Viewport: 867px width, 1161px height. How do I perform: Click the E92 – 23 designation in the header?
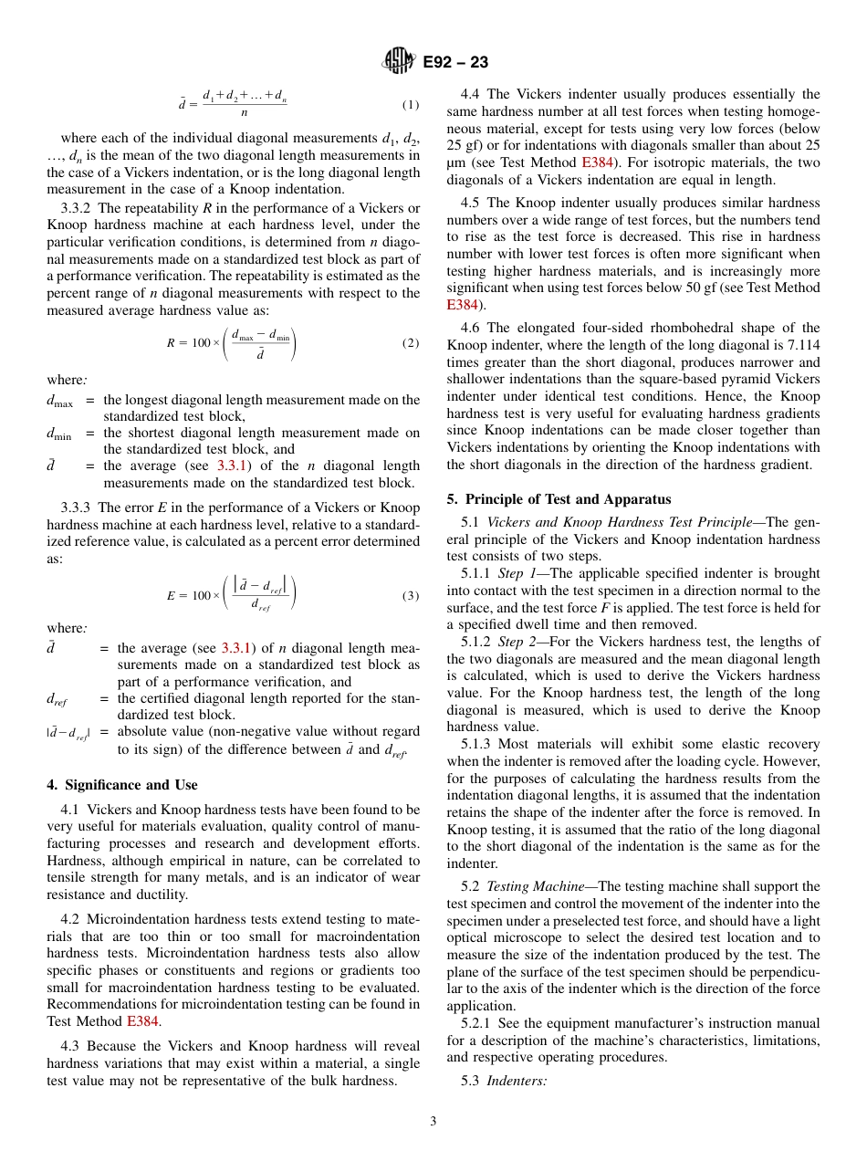[455, 62]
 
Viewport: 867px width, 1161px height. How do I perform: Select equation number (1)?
[411, 104]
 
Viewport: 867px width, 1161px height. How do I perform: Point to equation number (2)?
[411, 343]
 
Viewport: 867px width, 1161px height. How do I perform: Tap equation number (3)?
[411, 595]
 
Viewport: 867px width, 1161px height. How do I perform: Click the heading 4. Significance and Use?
[122, 785]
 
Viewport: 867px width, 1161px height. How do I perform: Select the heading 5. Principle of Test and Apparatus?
[559, 499]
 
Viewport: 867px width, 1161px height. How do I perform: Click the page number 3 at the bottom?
[433, 1122]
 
